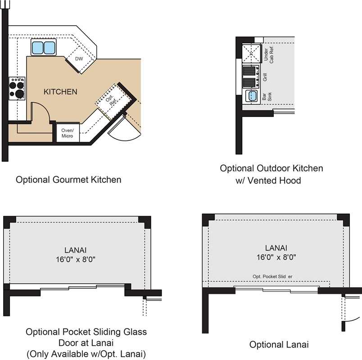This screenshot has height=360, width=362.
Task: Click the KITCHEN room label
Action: click(x=60, y=92)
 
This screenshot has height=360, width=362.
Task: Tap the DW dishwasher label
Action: click(x=79, y=59)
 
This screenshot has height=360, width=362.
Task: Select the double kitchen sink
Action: click(x=43, y=47)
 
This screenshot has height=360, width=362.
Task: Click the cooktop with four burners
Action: click(x=17, y=89)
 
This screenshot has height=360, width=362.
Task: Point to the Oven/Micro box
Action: click(x=68, y=133)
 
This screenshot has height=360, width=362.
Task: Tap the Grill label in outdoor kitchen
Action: click(x=265, y=77)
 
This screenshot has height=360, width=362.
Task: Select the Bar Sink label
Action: click(x=267, y=96)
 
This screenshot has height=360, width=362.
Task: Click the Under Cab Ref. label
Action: click(x=268, y=54)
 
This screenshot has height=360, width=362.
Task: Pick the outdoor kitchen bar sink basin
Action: click(x=252, y=96)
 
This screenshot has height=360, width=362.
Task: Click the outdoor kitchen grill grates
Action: click(x=249, y=76)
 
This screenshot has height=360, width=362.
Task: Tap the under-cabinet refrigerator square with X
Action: click(x=251, y=54)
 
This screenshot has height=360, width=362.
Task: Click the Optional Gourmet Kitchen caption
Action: click(x=68, y=180)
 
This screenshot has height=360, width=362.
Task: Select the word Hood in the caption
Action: click(x=290, y=180)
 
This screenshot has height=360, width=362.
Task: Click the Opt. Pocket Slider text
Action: click(x=272, y=276)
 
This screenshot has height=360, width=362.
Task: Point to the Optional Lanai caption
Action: click(x=279, y=345)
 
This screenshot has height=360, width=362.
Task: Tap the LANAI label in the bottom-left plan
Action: click(x=76, y=250)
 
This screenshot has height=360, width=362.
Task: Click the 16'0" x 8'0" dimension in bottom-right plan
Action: click(x=276, y=257)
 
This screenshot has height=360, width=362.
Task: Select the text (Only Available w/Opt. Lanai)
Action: click(x=86, y=354)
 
